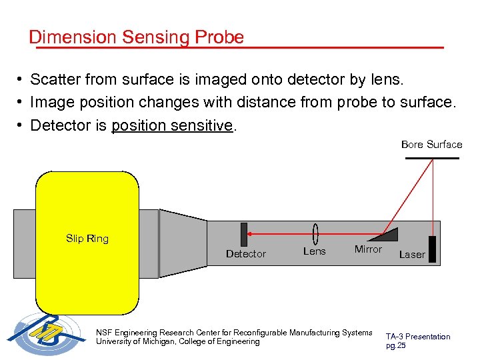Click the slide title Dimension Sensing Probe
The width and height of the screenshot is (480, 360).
[x=136, y=37]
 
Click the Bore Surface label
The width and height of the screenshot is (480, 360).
[x=431, y=145]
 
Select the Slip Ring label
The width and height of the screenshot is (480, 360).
[x=87, y=239]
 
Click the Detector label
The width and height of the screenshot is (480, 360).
[x=245, y=254]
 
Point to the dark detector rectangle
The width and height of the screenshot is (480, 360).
[x=244, y=235]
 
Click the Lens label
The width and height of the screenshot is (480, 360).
[x=314, y=251]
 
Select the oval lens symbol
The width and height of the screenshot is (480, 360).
[x=315, y=234]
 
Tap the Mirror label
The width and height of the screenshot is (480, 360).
[x=368, y=249]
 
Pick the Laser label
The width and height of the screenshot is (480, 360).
[x=411, y=255]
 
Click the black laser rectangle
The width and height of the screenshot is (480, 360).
[x=433, y=249]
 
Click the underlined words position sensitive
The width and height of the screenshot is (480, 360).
[x=173, y=125]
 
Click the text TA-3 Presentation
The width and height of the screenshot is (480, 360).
[x=418, y=337]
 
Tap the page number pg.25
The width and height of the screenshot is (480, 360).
[x=395, y=345]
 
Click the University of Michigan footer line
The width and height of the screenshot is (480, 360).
[x=178, y=341]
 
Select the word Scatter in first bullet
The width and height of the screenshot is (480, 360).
[x=57, y=80]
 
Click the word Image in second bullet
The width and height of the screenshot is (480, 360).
[x=53, y=103]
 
